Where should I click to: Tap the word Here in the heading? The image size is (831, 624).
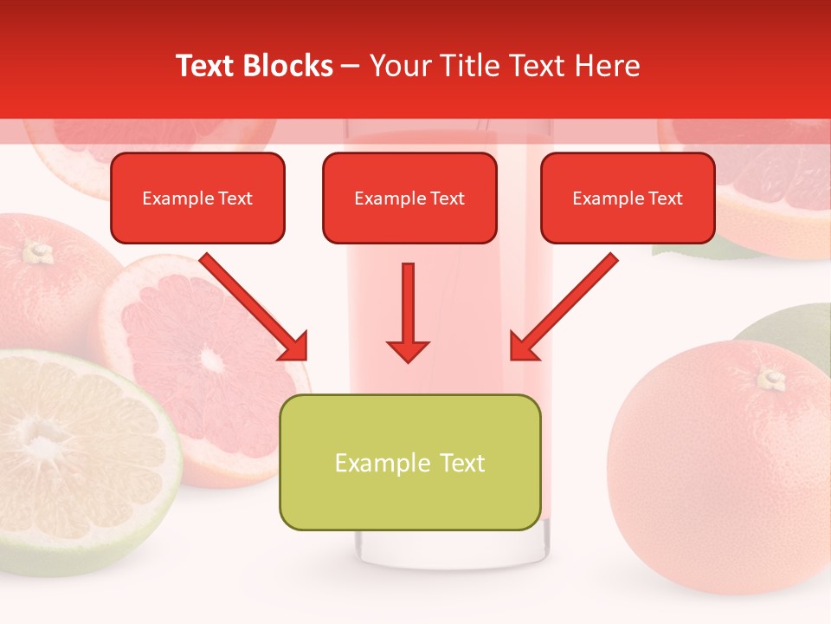click(x=607, y=66)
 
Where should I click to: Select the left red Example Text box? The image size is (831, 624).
click(x=197, y=198)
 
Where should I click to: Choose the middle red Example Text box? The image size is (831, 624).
click(x=409, y=198)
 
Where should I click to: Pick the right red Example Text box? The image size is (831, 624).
click(x=628, y=198)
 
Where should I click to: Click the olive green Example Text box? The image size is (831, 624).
click(x=409, y=462)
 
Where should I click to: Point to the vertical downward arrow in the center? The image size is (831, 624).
click(x=408, y=312)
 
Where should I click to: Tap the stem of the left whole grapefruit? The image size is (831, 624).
click(x=37, y=252)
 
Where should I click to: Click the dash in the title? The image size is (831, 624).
click(x=351, y=66)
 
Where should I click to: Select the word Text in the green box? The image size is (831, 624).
click(x=461, y=463)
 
